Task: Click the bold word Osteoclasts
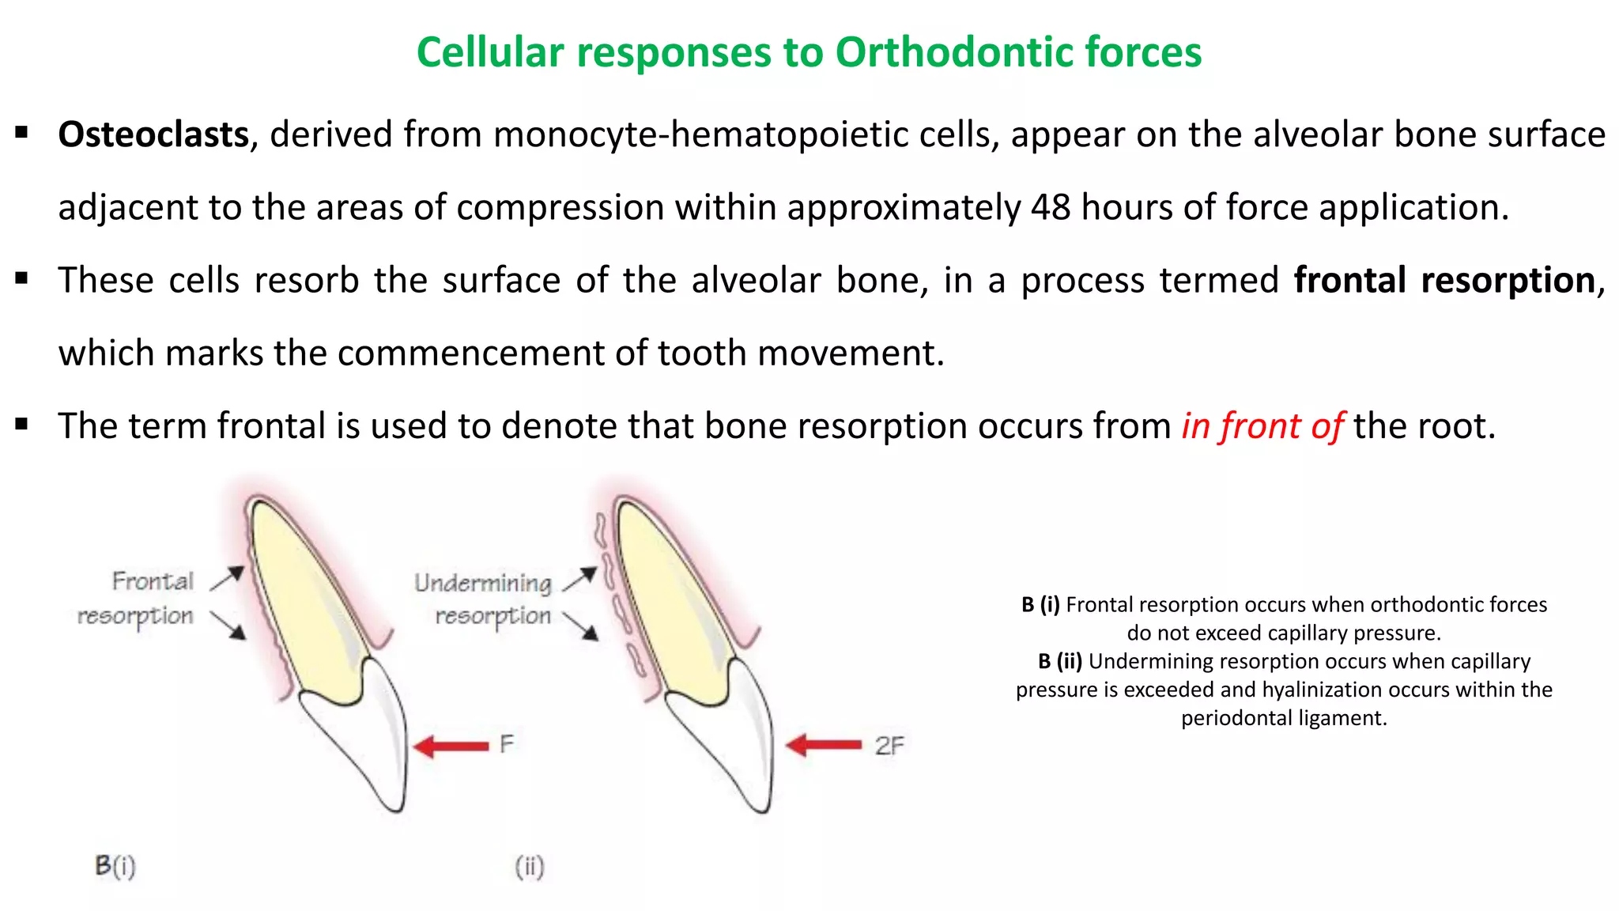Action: [153, 134]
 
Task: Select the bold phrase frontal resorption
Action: [1444, 281]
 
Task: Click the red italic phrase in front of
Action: [1262, 426]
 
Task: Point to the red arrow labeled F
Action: [451, 746]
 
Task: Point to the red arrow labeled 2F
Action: [824, 745]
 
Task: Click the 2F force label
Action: [889, 746]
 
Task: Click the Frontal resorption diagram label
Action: [136, 599]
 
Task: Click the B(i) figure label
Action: [115, 866]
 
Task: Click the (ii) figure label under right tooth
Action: [530, 867]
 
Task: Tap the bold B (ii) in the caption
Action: [1060, 661]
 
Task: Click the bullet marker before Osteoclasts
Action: [22, 132]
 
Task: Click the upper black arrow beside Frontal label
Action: [227, 578]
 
